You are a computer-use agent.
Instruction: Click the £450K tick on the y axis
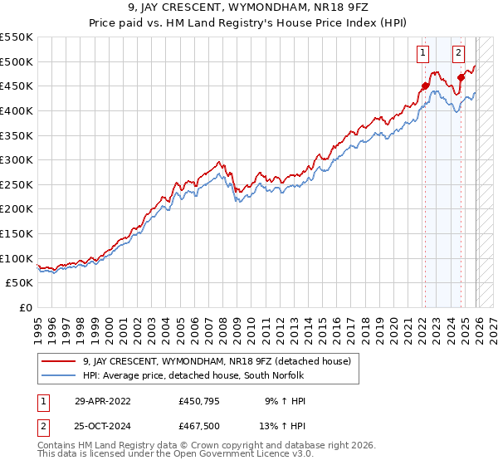coord(17,86)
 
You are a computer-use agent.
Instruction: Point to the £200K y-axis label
coord(17,209)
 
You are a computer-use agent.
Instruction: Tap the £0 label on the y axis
coord(25,308)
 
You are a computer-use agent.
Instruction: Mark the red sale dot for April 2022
coord(425,86)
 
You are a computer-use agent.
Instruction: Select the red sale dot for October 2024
coord(461,77)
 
